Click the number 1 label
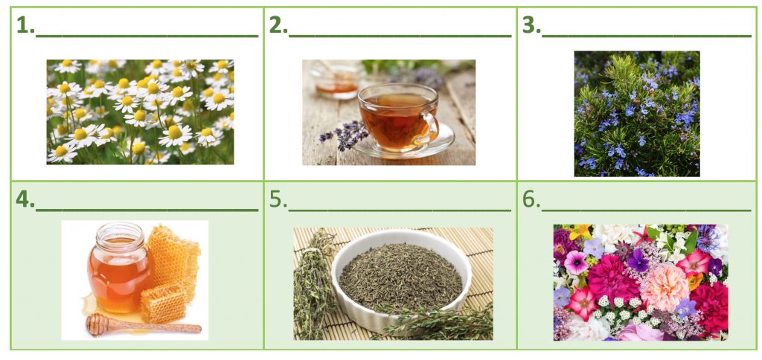point(26,25)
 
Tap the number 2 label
point(278,25)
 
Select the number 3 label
point(531,25)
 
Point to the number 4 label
point(25,199)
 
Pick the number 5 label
point(278,199)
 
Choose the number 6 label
point(531,199)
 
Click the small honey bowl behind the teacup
point(336,80)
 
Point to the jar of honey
point(119,269)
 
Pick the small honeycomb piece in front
point(163,303)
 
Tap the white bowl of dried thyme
point(401,280)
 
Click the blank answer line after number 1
point(147,36)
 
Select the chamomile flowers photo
point(140,112)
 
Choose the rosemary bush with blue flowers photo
point(637,114)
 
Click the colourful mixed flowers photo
point(641,282)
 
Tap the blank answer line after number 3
point(647,36)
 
